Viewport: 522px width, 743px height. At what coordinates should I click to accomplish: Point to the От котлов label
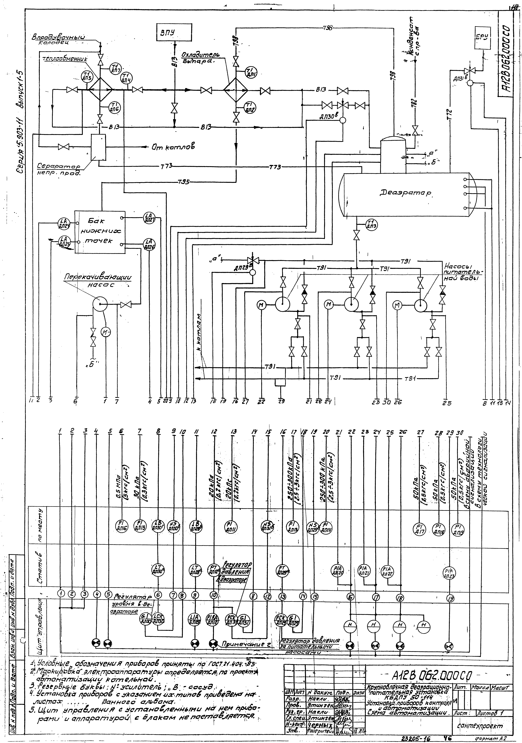point(173,147)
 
